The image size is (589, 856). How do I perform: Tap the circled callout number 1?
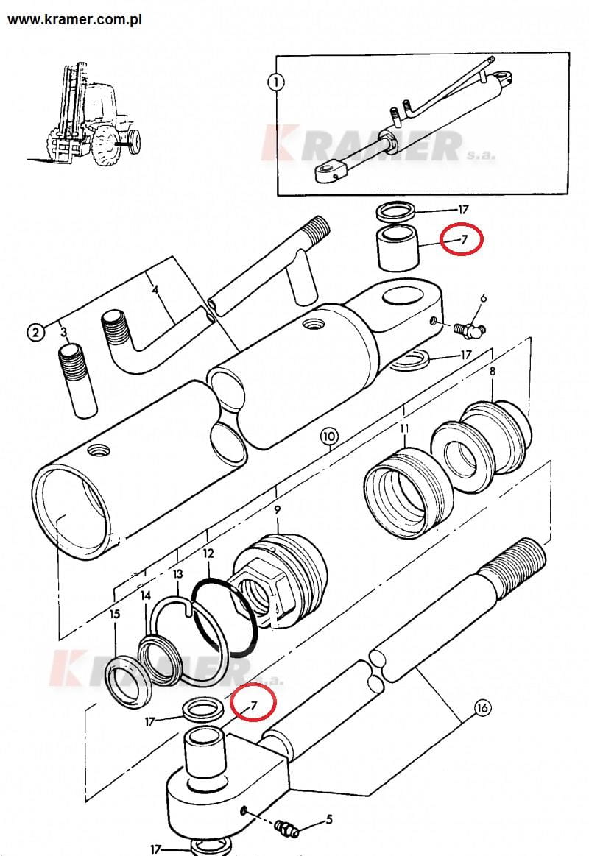pos(275,82)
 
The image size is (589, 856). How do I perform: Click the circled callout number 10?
pos(328,436)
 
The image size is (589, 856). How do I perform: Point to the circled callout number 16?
pos(482,709)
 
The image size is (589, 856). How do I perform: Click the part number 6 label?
pos(483,298)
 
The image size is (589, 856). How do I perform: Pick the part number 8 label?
pos(492,372)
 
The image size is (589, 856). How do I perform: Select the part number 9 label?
pos(277,509)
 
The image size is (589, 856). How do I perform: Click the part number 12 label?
pos(208,552)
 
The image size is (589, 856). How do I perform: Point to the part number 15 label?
pos(114,614)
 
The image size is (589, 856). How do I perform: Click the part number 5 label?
pos(329,818)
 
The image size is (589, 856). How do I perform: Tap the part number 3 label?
pos(64,332)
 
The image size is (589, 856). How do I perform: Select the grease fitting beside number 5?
pos(287,829)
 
